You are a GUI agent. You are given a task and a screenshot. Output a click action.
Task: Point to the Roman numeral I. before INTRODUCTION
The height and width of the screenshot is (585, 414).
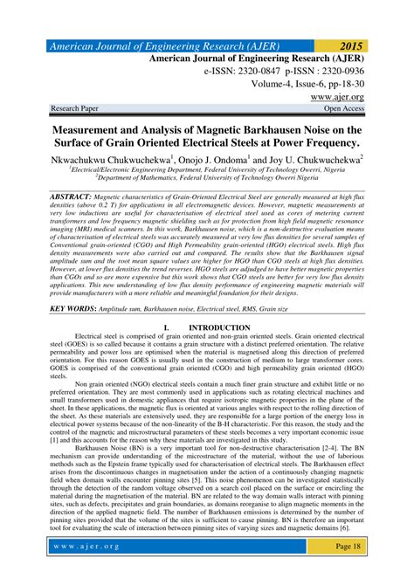tap(167, 328)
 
